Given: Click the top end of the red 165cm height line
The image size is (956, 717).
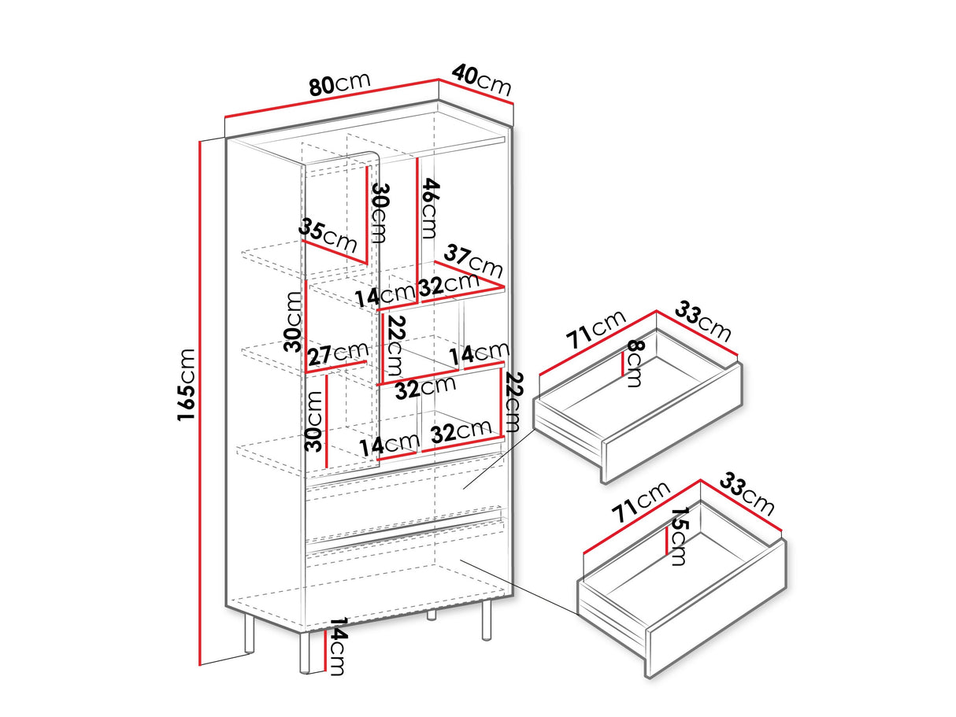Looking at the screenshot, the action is [200, 141].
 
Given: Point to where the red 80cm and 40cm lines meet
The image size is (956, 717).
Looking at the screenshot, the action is [439, 79].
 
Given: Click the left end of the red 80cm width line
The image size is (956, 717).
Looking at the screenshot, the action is [225, 117].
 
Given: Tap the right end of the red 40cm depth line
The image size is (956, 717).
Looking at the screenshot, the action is [513, 104].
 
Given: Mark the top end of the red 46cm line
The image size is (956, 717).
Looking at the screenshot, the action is [417, 158].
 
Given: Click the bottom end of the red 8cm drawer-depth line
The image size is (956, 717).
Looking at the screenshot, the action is [623, 375].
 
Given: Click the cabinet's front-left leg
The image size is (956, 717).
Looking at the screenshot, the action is [305, 652].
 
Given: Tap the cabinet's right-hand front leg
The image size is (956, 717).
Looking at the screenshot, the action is [486, 619].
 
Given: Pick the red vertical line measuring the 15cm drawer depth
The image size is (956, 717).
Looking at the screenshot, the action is [667, 541].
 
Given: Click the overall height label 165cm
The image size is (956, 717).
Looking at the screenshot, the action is [186, 385].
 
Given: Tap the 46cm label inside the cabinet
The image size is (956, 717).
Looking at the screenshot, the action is [429, 209].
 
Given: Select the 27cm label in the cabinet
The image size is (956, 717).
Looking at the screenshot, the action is [338, 354].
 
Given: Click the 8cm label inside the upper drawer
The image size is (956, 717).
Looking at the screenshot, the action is [634, 364].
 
